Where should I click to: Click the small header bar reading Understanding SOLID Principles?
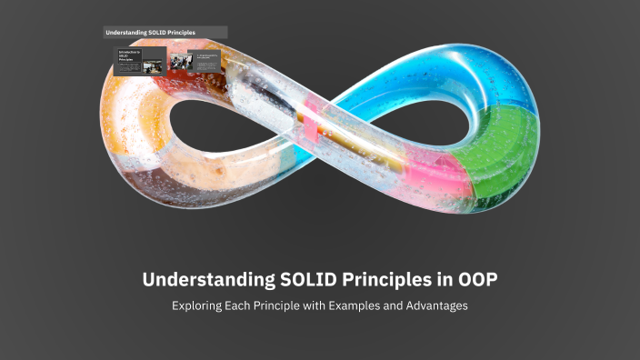tap(165, 32)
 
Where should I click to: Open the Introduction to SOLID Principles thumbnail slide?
tap(139, 61)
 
